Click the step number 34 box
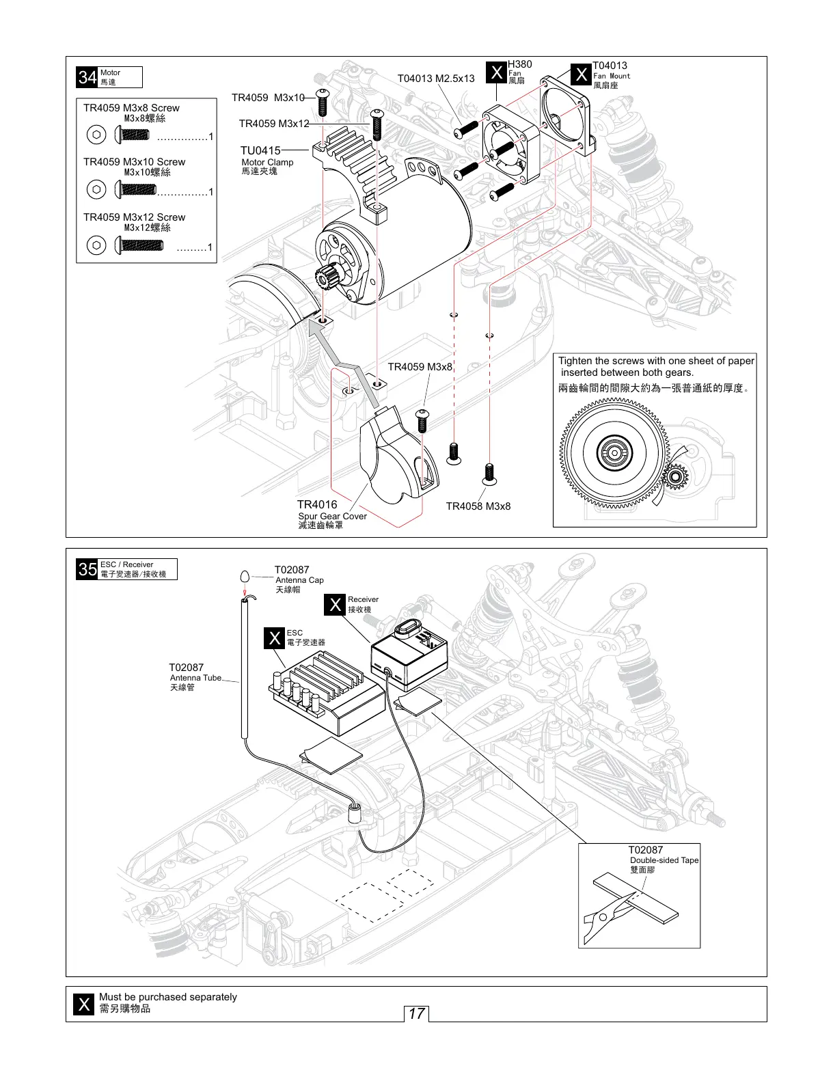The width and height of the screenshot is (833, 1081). (87, 77)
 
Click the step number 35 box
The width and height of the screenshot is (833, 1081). (87, 569)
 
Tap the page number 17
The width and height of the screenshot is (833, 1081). (416, 1013)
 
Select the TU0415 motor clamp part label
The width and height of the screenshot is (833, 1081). (260, 150)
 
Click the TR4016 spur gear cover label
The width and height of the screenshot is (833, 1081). (317, 505)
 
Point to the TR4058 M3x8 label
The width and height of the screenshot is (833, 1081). (478, 506)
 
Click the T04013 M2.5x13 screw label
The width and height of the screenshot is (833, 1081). (435, 79)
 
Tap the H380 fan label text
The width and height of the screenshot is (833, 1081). (519, 65)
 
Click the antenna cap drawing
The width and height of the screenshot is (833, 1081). (245, 576)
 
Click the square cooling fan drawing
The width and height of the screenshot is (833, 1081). (511, 144)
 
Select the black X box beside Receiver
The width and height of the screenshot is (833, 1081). (336, 605)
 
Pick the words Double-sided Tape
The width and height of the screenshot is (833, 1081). (664, 860)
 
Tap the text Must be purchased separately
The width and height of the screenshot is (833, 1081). (167, 997)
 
